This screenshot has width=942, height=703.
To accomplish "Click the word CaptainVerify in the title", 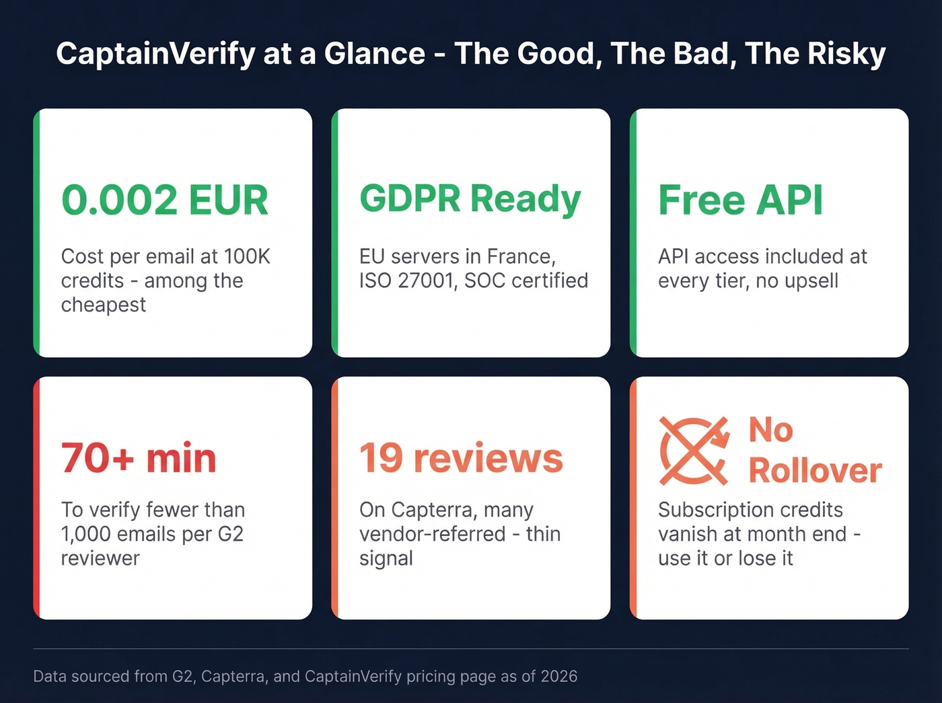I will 155,54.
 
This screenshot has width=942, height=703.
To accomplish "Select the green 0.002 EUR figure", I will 165,200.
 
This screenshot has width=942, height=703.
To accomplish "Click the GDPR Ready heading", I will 470,199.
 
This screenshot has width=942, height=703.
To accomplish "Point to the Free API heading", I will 740,200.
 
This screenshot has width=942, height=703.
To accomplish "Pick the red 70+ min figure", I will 139,458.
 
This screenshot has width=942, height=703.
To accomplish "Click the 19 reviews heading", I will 461,458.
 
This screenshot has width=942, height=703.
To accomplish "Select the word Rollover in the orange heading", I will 815,470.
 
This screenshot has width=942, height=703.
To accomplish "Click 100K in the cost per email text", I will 247,256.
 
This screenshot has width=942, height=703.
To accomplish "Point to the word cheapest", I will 104,305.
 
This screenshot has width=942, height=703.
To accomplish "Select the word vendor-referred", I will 433,534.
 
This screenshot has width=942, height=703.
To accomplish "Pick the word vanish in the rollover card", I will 687,534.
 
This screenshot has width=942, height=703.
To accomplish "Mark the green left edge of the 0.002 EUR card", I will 37,233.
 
